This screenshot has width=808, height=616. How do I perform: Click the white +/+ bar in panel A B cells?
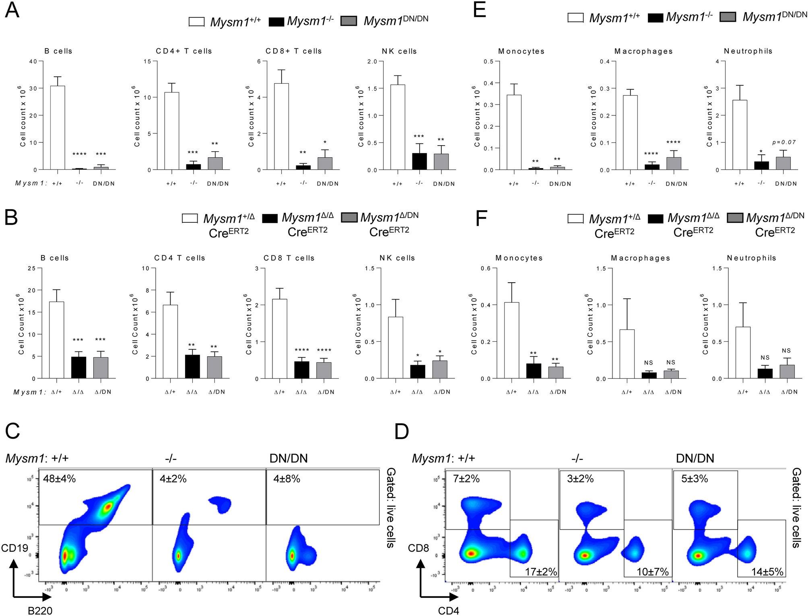(x=57, y=127)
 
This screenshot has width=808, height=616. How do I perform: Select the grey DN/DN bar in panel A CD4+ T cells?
(x=215, y=163)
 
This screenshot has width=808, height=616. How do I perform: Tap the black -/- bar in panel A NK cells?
(x=419, y=161)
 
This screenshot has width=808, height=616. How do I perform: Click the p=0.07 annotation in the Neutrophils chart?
(x=783, y=142)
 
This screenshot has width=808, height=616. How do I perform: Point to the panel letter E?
(x=479, y=10)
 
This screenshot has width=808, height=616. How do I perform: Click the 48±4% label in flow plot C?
(x=59, y=479)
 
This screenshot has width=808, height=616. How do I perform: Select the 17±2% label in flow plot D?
(x=541, y=571)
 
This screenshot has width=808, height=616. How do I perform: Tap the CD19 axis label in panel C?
(x=14, y=548)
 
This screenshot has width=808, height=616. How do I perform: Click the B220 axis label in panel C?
(x=40, y=610)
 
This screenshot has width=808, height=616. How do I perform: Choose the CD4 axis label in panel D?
(x=448, y=610)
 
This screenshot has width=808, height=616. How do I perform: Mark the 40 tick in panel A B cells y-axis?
(x=33, y=62)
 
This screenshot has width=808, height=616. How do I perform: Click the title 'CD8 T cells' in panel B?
(x=289, y=258)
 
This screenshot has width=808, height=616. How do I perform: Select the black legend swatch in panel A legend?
(x=276, y=21)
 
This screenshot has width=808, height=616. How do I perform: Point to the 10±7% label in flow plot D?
(x=652, y=571)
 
